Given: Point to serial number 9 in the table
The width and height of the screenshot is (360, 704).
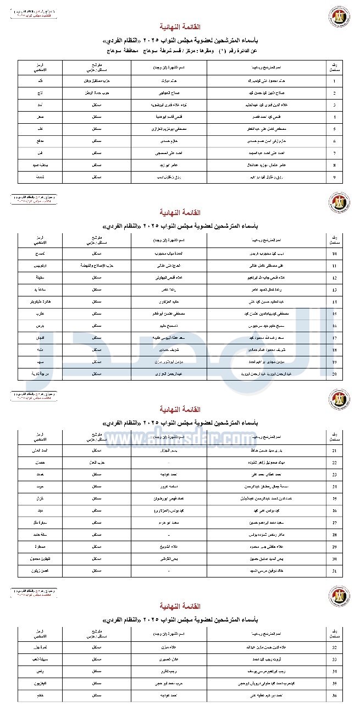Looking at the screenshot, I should pos(334,177).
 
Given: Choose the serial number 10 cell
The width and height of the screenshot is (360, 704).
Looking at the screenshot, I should pos(334,254).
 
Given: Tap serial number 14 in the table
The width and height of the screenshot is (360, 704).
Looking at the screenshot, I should pos(334,302).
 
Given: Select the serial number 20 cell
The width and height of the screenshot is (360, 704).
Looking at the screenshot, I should pos(334,374).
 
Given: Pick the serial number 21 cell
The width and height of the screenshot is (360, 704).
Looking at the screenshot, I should pos(334,450).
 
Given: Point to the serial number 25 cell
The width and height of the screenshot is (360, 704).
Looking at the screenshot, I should pos(334,498).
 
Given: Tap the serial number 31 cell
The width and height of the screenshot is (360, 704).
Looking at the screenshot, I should pos(334,571).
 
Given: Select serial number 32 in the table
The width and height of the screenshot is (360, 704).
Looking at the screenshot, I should pos(334,648).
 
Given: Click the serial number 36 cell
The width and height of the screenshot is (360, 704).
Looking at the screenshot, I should pos(334,696).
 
